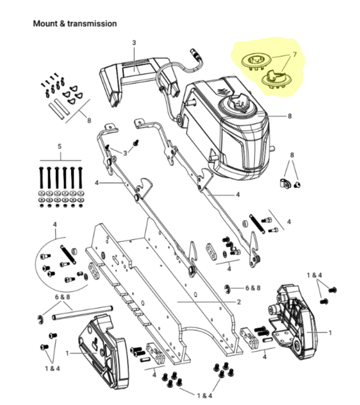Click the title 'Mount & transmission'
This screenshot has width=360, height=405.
(74, 24)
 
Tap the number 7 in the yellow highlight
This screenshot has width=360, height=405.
(294, 56)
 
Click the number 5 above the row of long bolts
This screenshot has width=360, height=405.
(60, 146)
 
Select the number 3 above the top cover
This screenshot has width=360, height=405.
(134, 42)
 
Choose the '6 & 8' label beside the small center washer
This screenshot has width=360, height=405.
(253, 288)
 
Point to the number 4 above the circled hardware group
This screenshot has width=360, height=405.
(55, 225)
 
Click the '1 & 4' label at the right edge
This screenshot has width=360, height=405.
(315, 275)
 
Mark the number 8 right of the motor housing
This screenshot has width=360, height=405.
(290, 116)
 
